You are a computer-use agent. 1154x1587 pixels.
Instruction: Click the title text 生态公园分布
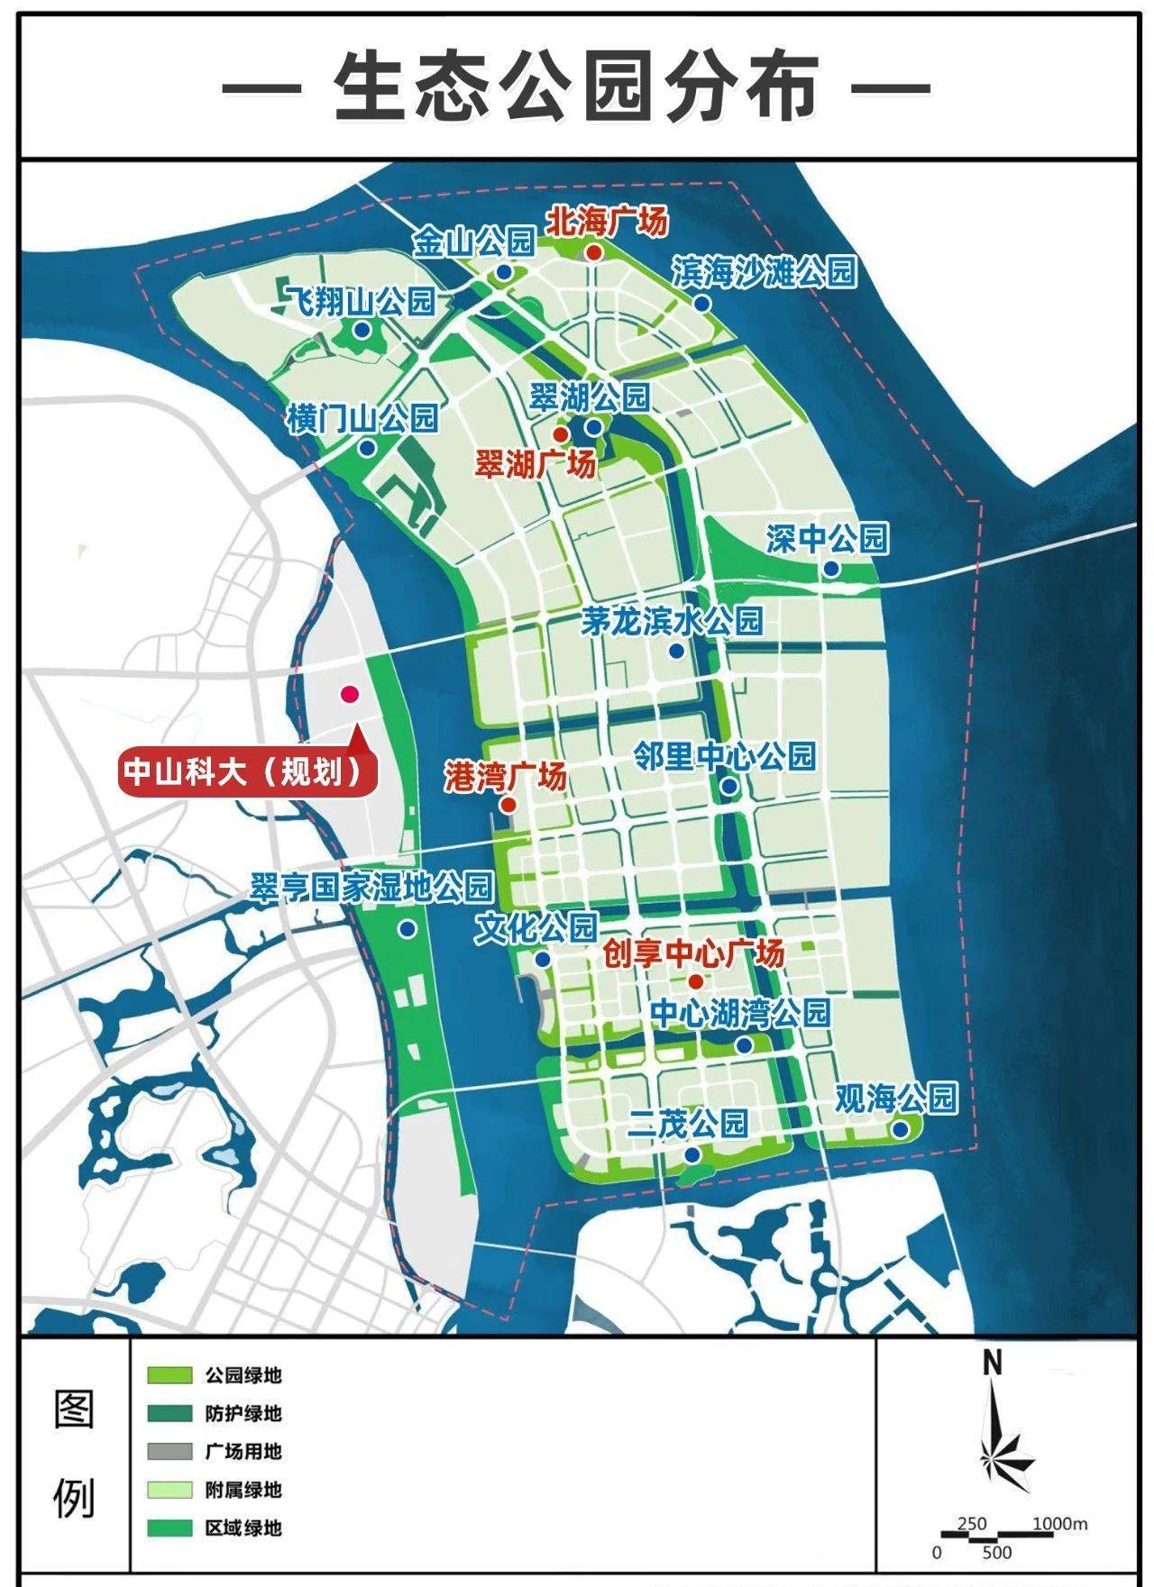[x=576, y=87]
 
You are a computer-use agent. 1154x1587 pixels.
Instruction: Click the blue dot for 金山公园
[x=504, y=271]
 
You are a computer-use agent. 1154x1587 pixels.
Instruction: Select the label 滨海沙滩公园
[x=764, y=271]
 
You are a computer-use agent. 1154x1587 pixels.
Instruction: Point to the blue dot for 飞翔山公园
[x=362, y=331]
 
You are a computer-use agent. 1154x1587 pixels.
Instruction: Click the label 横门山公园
[x=362, y=418]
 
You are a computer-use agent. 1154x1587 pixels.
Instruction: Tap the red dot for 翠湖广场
[x=560, y=434]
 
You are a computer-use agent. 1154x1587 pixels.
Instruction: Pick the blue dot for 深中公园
[x=830, y=569]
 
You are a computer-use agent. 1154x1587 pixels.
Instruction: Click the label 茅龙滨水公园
[x=671, y=621]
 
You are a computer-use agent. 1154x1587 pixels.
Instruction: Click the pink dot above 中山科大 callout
[x=349, y=694]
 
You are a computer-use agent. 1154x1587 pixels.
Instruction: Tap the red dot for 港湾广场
[x=508, y=804]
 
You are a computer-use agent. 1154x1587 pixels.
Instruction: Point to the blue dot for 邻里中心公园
[x=729, y=787]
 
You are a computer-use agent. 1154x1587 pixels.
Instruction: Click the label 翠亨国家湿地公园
[x=371, y=887]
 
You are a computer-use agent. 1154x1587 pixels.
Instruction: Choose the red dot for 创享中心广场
[x=695, y=981]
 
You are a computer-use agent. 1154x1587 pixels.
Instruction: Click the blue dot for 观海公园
[x=900, y=1129]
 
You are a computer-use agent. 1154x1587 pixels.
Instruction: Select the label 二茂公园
[x=689, y=1124]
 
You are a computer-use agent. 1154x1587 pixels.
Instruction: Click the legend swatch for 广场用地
[x=170, y=1451]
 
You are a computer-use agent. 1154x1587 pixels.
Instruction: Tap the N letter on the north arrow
[x=993, y=1364]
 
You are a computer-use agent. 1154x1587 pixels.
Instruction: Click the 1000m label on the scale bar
[x=1058, y=1524]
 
